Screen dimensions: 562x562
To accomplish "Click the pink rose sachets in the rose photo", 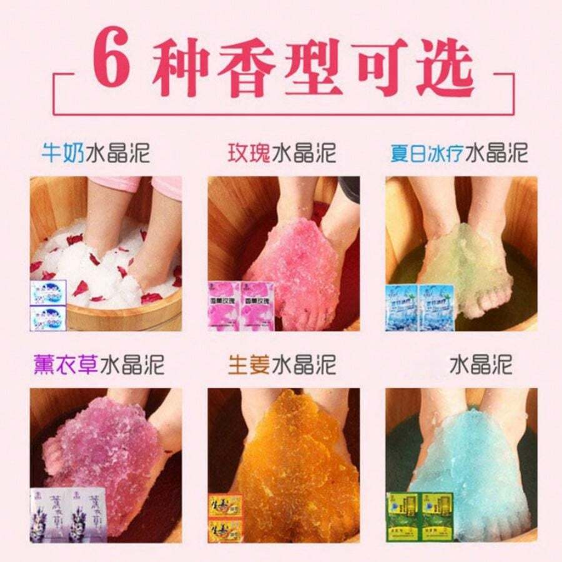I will tap(241, 306).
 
